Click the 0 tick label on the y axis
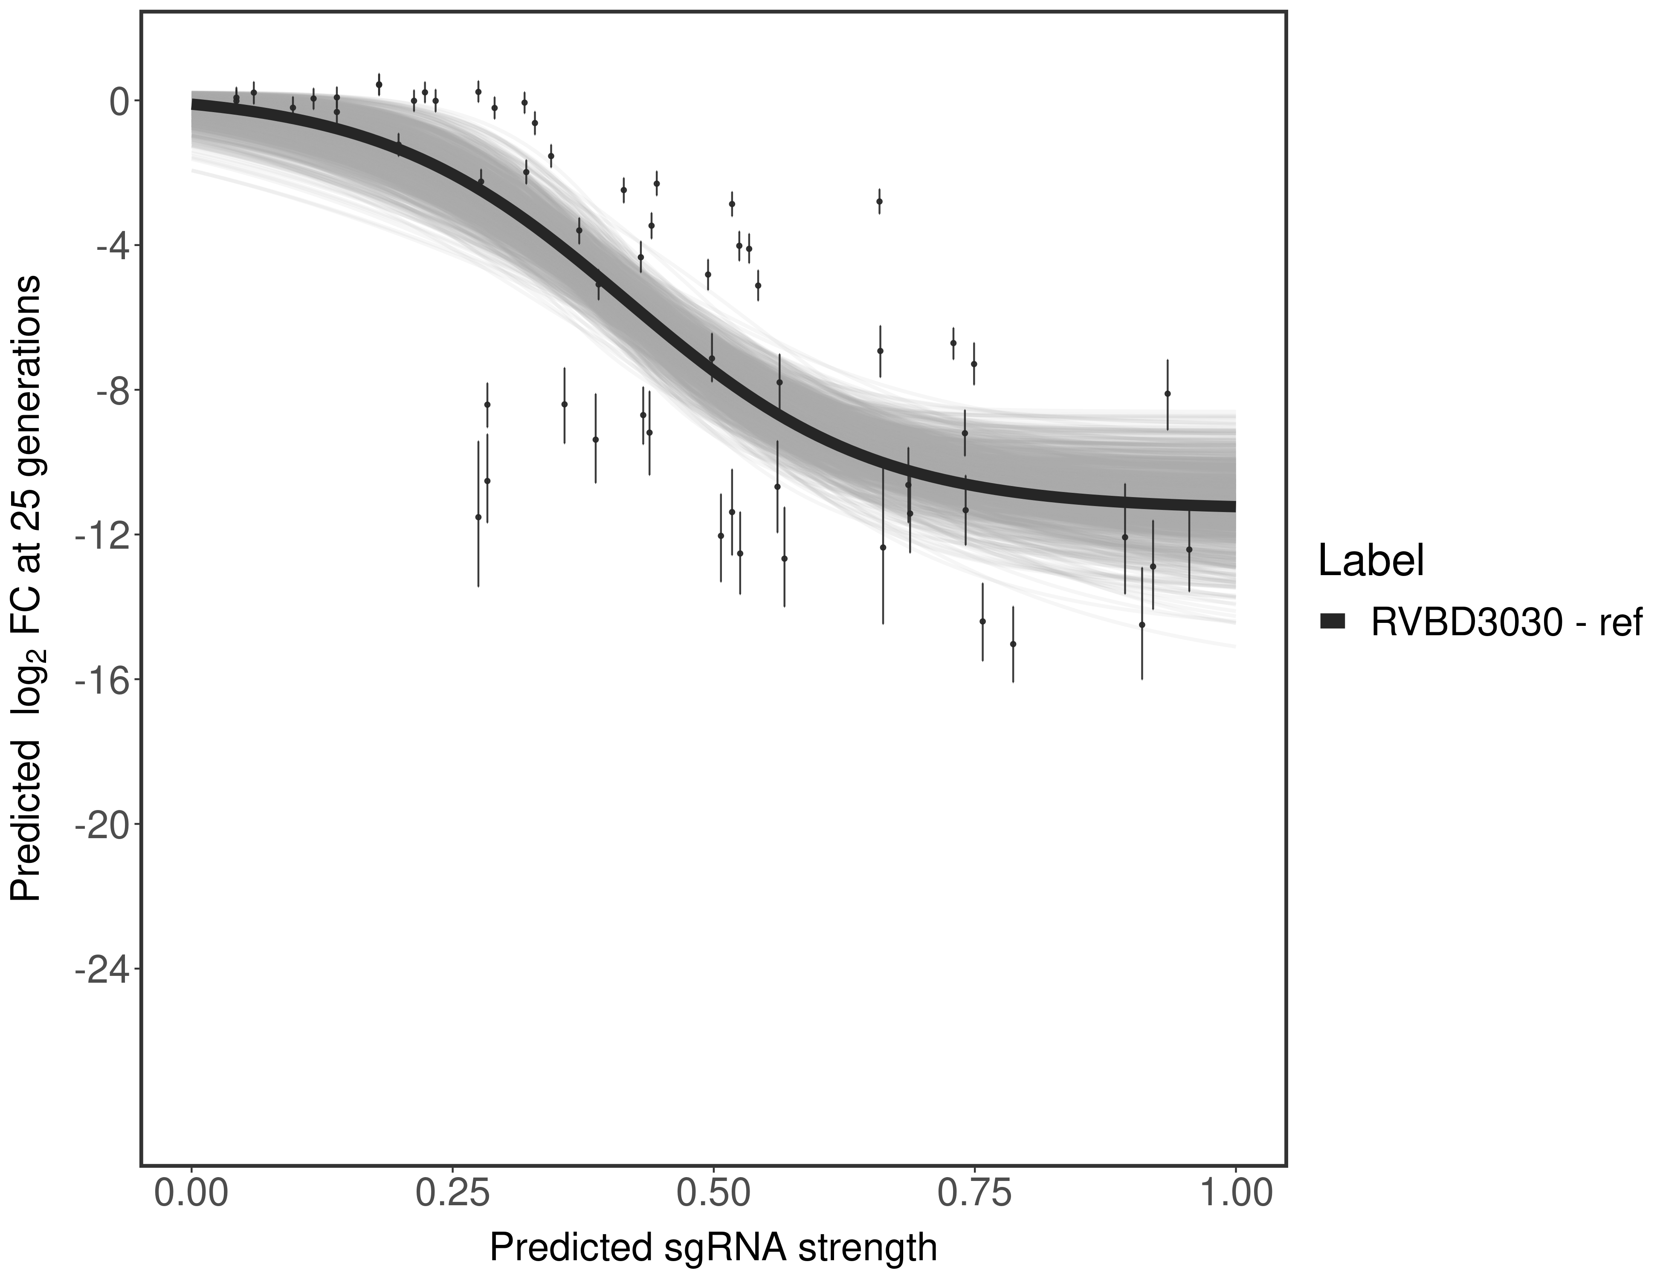click(119, 101)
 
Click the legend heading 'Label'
click(1370, 561)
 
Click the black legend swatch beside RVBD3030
click(1333, 622)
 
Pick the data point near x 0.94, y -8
click(1168, 394)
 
